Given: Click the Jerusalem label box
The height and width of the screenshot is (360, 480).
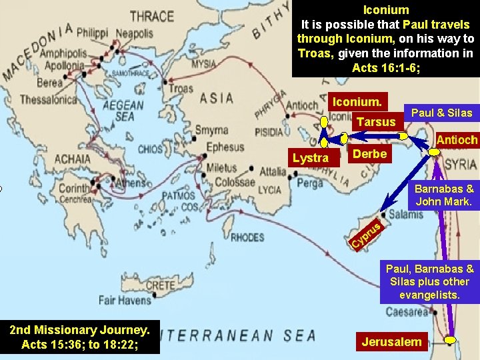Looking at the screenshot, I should (x=392, y=342).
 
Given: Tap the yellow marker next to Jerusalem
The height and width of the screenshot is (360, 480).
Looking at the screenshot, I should (x=451, y=340).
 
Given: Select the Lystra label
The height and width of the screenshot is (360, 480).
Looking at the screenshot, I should (x=311, y=158).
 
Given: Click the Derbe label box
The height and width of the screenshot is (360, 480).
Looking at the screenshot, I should (x=369, y=154).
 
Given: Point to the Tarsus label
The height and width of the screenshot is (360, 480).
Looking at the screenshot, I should (x=376, y=122).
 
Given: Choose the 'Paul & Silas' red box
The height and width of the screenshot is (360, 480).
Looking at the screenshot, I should (x=441, y=113).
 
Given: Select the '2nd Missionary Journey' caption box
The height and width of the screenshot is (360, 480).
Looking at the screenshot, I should (x=79, y=337).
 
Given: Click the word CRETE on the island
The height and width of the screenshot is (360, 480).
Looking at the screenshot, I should (x=160, y=285).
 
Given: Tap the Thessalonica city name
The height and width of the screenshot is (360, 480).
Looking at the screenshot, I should (x=49, y=100).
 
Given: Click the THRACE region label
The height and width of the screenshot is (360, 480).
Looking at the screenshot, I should (x=151, y=15).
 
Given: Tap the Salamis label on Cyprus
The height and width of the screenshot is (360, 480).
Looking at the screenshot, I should (x=405, y=215).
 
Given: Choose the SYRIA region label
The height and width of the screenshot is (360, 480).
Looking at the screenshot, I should (x=460, y=165).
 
